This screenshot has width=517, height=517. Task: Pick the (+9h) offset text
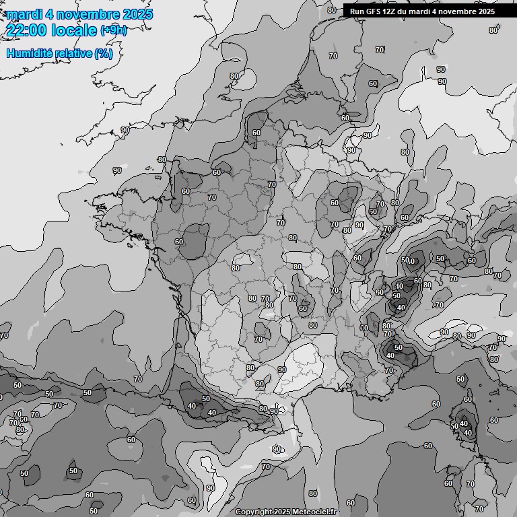coord(113,30)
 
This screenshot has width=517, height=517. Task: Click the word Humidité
coord(28,53)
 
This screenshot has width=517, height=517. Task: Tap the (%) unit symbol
coord(104,53)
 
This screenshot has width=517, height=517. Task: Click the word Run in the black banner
coord(357,11)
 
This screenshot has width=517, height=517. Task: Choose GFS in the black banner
coord(374,11)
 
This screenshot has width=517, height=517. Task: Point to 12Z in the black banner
coord(391,11)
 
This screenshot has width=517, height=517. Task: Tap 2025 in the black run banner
coord(485,11)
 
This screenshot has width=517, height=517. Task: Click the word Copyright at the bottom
coord(254,512)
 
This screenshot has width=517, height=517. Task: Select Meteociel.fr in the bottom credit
coord(314,512)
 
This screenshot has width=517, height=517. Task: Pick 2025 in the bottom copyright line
coord(283,512)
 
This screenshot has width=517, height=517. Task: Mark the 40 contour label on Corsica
coord(468,433)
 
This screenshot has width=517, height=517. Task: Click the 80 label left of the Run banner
coord(332,10)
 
